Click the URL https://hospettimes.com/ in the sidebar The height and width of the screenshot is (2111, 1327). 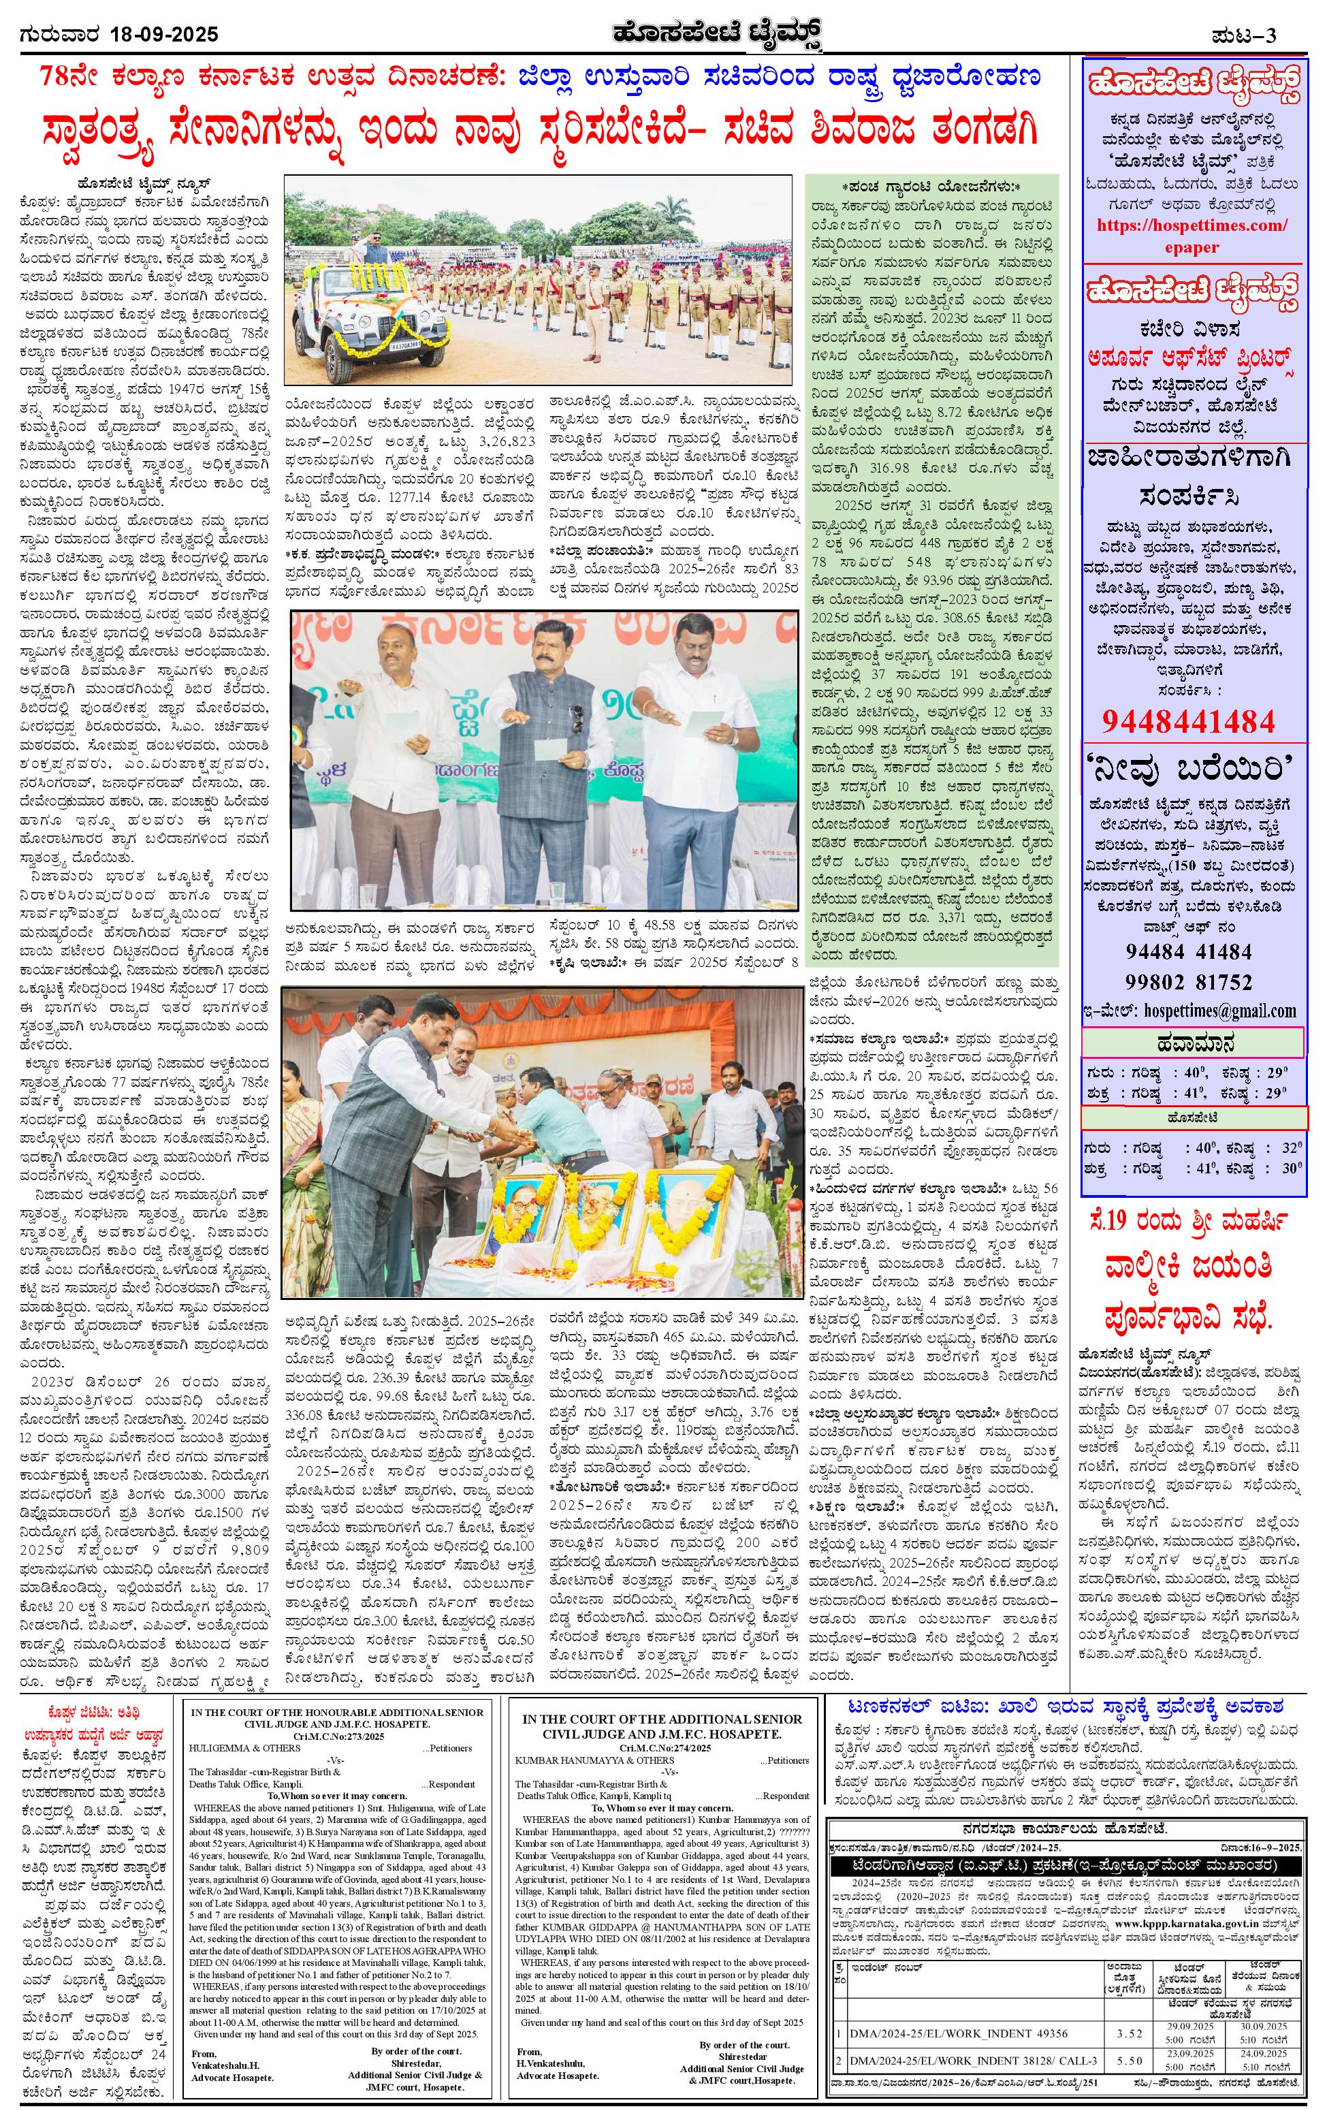(1193, 225)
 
